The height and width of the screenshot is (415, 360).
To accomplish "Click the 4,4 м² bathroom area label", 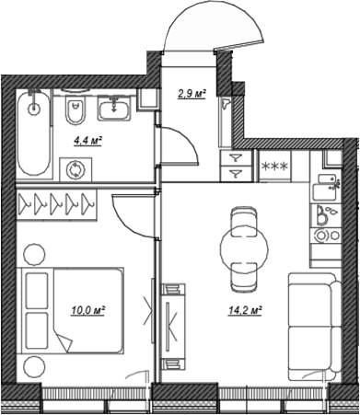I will [x=88, y=140].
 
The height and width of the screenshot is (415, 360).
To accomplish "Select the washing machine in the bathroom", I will [x=74, y=169].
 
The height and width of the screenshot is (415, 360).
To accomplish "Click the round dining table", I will [x=245, y=244].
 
